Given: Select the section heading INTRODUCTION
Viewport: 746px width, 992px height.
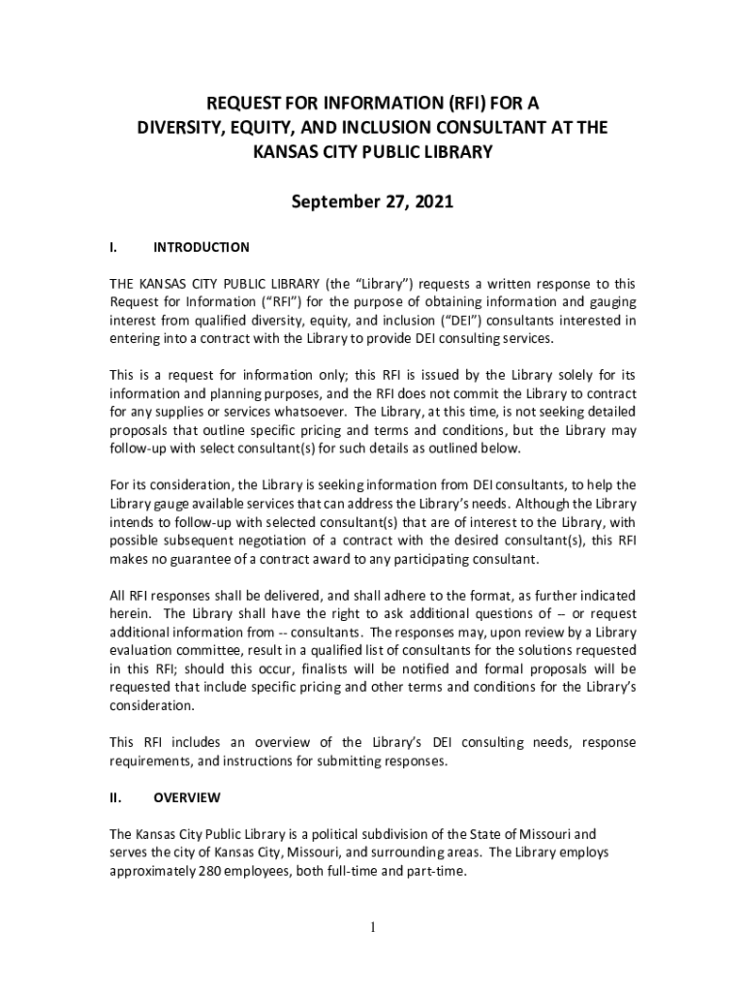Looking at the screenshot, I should tap(202, 247).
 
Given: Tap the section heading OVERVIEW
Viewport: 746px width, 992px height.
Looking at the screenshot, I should tap(187, 797).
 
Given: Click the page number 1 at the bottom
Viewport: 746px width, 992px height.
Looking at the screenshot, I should tap(372, 928).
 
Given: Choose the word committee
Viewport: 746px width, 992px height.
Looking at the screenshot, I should tap(209, 651).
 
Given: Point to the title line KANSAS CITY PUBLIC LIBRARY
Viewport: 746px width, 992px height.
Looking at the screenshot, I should tap(372, 152).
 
